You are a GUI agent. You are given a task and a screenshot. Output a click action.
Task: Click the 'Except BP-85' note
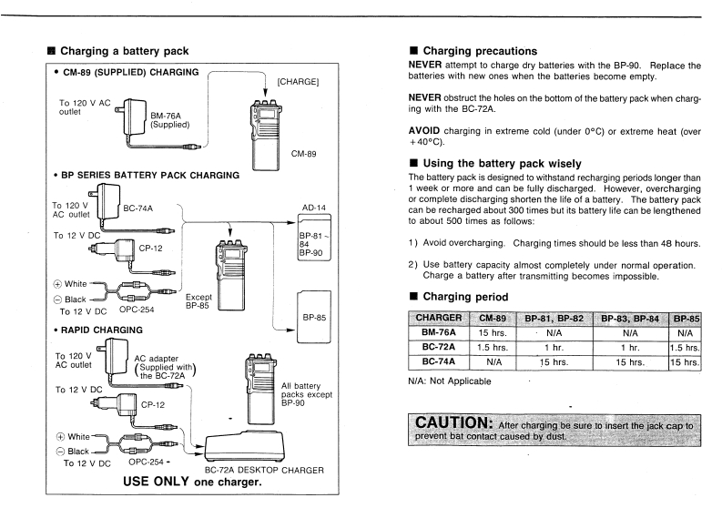[x=198, y=301]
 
